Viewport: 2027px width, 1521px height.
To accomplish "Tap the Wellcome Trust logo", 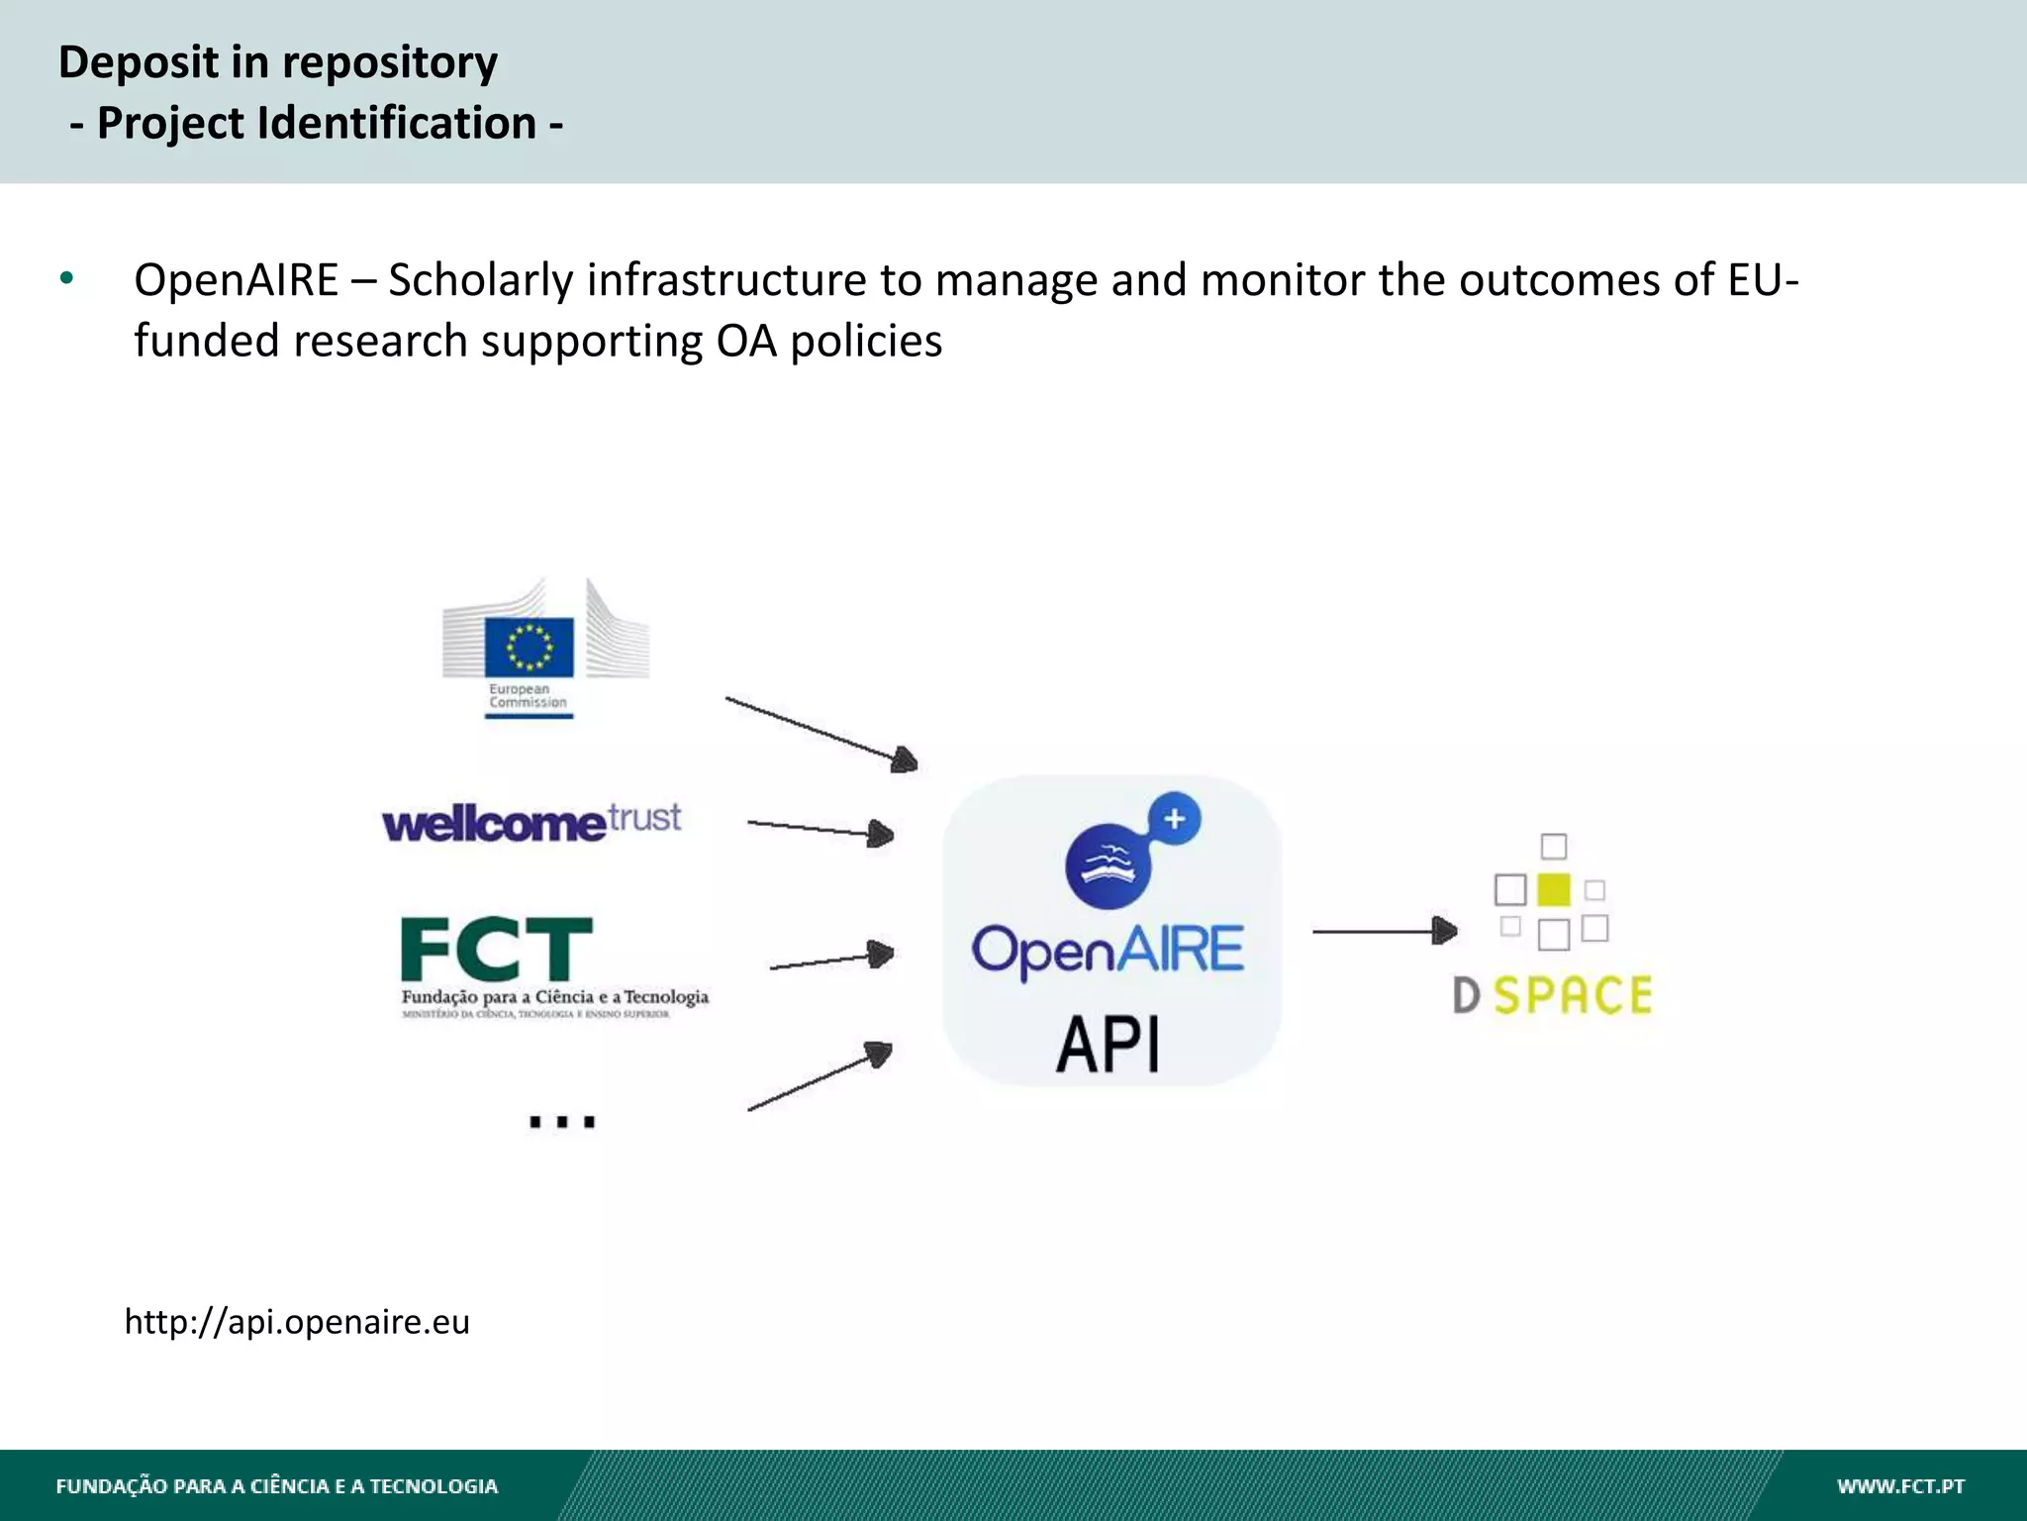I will [531, 822].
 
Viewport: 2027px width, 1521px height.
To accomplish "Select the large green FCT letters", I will [496, 950].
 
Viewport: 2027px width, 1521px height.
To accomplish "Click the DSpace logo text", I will [1552, 995].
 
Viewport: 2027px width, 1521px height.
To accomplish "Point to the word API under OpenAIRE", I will [1108, 1045].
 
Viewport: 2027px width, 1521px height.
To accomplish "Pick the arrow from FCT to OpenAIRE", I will [831, 959].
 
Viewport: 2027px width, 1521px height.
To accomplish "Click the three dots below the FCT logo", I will [561, 1121].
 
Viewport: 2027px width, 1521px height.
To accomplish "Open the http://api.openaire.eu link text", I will [297, 1322].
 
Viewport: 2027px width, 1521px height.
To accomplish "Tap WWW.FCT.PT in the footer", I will [1900, 1485].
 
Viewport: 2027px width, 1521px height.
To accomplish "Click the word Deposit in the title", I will [138, 62].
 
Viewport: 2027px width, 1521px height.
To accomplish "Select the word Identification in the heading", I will [397, 124].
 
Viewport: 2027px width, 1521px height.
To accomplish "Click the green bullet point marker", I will [66, 278].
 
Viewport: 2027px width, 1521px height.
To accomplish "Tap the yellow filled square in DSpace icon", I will [1553, 889].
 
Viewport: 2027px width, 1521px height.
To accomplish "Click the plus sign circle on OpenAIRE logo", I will [1175, 819].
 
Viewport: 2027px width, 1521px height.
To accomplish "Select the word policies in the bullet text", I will [865, 342].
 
